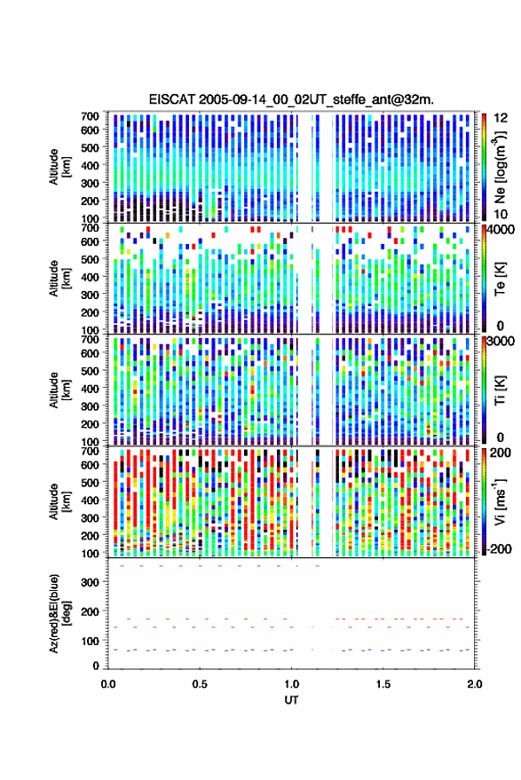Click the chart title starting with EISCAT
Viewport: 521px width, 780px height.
[291, 99]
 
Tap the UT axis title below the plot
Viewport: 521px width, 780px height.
[291, 700]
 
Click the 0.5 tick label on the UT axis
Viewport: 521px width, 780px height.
[200, 684]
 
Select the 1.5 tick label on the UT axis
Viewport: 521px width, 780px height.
[383, 684]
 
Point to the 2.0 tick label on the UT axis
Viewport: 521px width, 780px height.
[474, 684]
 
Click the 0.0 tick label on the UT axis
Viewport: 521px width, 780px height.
[108, 684]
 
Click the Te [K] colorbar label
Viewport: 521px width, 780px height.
[500, 279]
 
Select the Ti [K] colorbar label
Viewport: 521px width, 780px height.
[500, 390]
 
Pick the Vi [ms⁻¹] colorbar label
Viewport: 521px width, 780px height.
[500, 501]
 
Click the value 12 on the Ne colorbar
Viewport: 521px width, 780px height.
[501, 118]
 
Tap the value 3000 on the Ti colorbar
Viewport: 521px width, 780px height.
[501, 342]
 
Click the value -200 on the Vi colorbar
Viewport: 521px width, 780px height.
[499, 548]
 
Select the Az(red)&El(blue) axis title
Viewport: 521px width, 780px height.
[59, 613]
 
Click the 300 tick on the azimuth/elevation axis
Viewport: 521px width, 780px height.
[90, 582]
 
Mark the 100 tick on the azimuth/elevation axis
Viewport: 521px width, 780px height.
[90, 641]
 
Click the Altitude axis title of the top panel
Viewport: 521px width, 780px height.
[59, 167]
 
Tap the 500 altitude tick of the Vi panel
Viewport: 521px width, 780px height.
[90, 482]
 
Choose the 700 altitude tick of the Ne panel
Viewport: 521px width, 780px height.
[90, 116]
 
